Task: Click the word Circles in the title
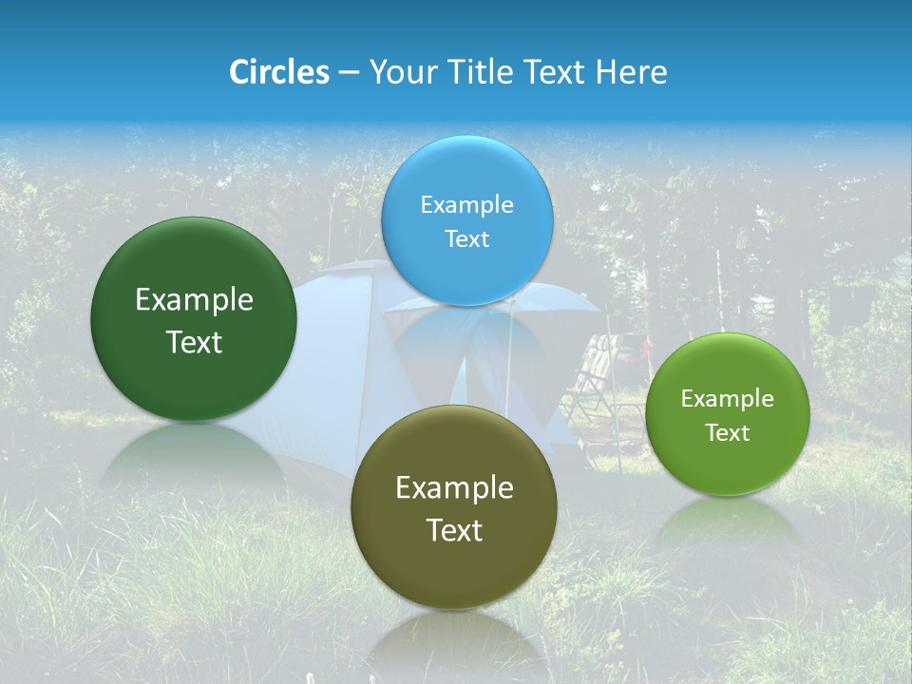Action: click(x=278, y=72)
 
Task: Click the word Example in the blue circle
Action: click(x=466, y=205)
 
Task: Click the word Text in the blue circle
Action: click(x=466, y=239)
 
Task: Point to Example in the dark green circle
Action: click(x=194, y=300)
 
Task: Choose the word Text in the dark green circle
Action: click(x=194, y=343)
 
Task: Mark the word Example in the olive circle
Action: click(x=454, y=488)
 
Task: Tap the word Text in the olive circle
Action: click(x=454, y=531)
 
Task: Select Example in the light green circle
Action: click(x=728, y=399)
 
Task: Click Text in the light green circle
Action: click(x=728, y=433)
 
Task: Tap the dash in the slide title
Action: click(x=349, y=73)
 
